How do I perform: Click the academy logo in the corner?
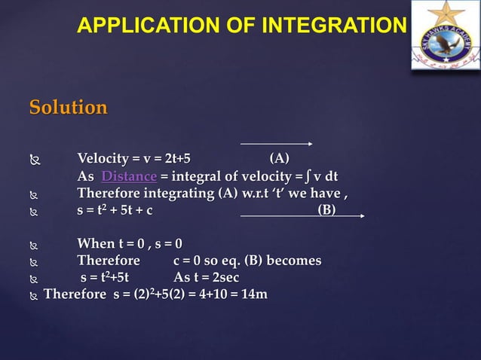point(443,38)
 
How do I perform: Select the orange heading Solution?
point(68,108)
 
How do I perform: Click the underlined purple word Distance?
point(129,176)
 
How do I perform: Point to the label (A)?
point(279,158)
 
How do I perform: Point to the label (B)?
point(326,209)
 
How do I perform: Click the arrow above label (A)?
point(276,143)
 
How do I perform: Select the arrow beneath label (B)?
point(302,217)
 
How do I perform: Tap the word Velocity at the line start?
point(103,158)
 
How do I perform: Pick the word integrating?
point(181,194)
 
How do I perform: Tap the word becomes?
point(293,261)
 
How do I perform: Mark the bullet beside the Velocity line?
point(33,159)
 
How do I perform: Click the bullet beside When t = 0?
point(33,244)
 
